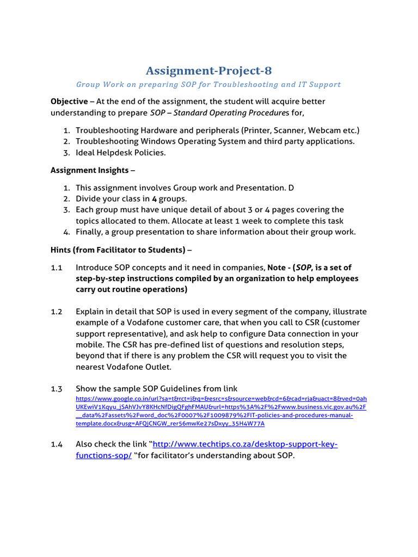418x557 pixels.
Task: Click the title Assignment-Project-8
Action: [x=208, y=71]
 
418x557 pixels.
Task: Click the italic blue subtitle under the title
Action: [x=208, y=84]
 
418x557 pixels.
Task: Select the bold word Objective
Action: [x=69, y=101]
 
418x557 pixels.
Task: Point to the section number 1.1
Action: [x=57, y=267]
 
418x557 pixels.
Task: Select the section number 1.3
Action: [x=57, y=388]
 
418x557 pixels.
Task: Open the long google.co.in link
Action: [x=220, y=411]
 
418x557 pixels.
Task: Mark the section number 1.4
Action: [x=57, y=444]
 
